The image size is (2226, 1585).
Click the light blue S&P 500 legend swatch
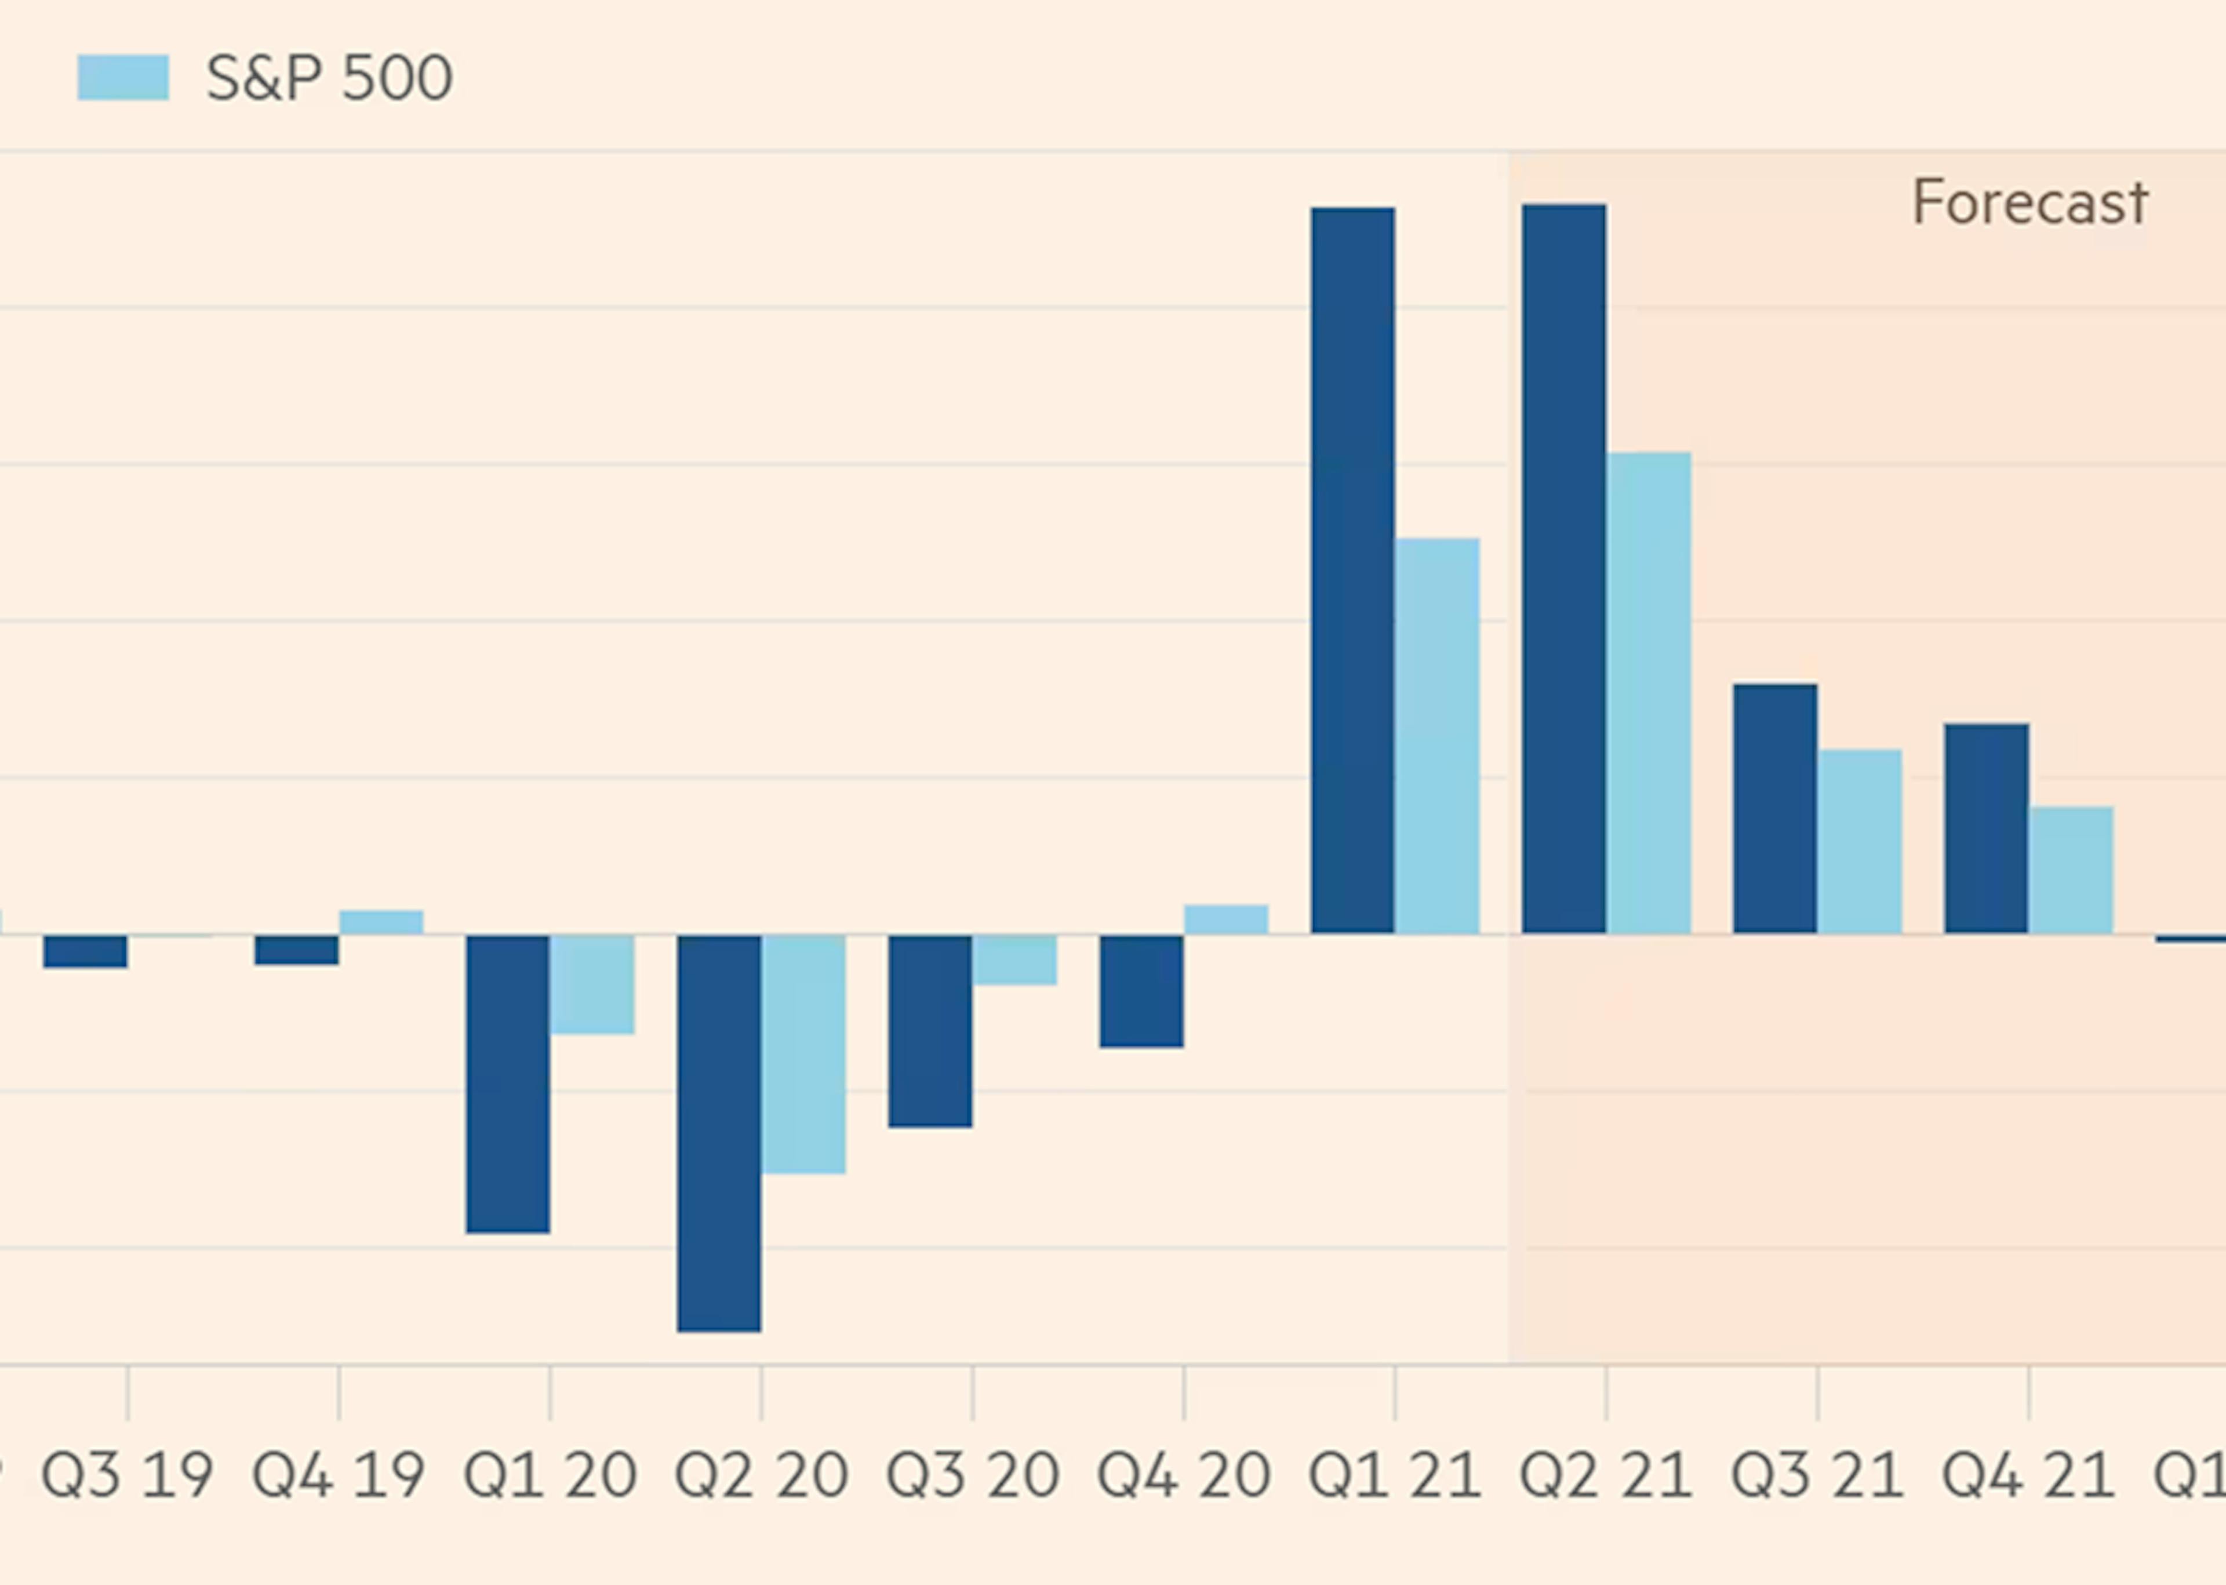(123, 78)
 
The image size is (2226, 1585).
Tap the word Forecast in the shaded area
(2029, 203)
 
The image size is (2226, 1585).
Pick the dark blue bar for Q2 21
(1563, 568)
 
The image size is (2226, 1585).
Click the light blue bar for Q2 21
(1648, 693)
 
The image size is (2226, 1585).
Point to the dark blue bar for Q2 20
(719, 1132)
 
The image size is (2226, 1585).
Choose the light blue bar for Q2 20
(803, 1054)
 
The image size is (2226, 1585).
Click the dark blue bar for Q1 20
(507, 1084)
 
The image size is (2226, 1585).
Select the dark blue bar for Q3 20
(930, 1031)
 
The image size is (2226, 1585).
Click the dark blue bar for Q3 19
(85, 951)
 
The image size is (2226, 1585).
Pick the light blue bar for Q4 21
(2071, 870)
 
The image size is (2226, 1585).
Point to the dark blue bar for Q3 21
(1774, 808)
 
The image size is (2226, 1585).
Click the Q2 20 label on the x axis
(761, 1475)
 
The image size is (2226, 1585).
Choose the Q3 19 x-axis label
(127, 1475)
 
